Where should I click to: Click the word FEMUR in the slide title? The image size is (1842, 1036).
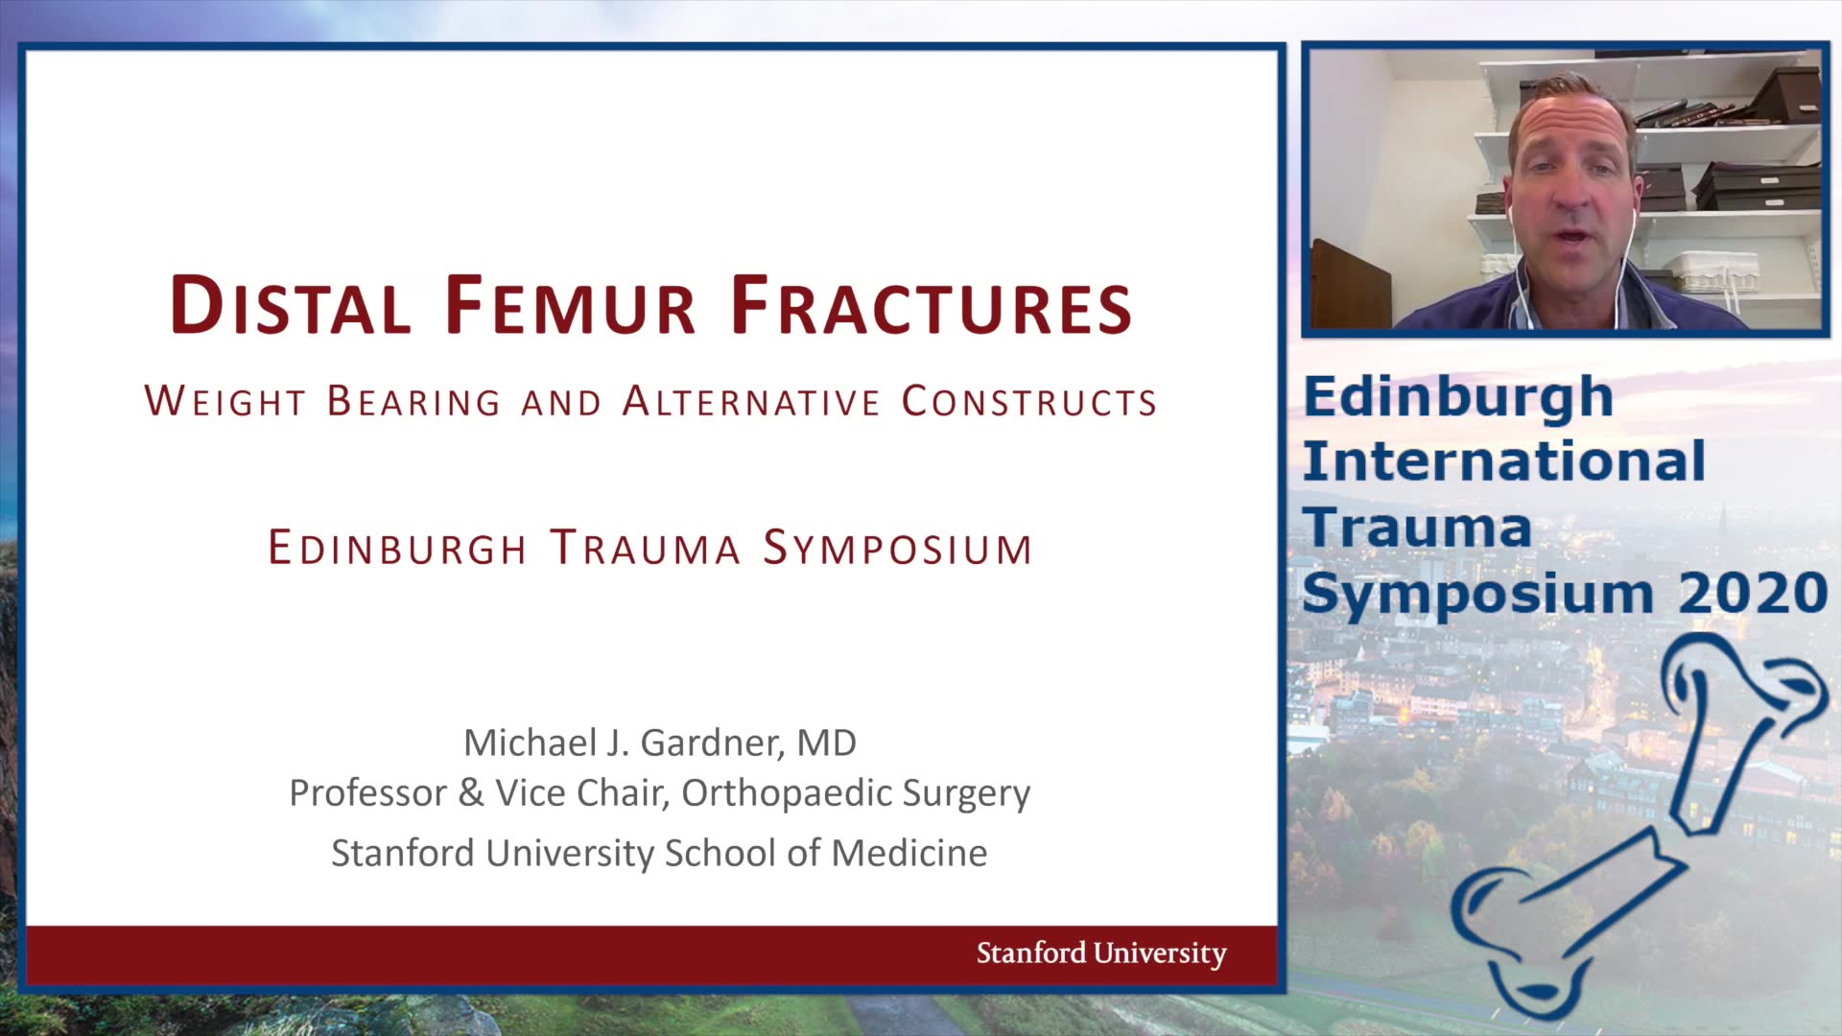click(x=570, y=306)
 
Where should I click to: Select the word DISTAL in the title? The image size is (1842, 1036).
click(x=291, y=306)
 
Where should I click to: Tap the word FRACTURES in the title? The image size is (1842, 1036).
click(x=932, y=306)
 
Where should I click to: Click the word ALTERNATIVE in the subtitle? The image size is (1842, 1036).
click(x=751, y=401)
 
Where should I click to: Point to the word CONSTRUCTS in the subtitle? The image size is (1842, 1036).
click(x=1029, y=401)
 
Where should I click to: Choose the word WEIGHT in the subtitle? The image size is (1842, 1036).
click(x=225, y=401)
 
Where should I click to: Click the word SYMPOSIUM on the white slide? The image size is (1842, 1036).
click(x=898, y=548)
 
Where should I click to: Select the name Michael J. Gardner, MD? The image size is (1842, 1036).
click(x=660, y=742)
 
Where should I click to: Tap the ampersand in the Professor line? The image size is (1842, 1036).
click(x=471, y=793)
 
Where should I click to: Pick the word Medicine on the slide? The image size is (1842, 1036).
click(x=909, y=853)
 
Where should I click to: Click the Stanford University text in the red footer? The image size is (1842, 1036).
click(x=1101, y=953)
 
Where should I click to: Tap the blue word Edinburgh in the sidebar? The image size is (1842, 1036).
click(x=1458, y=397)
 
